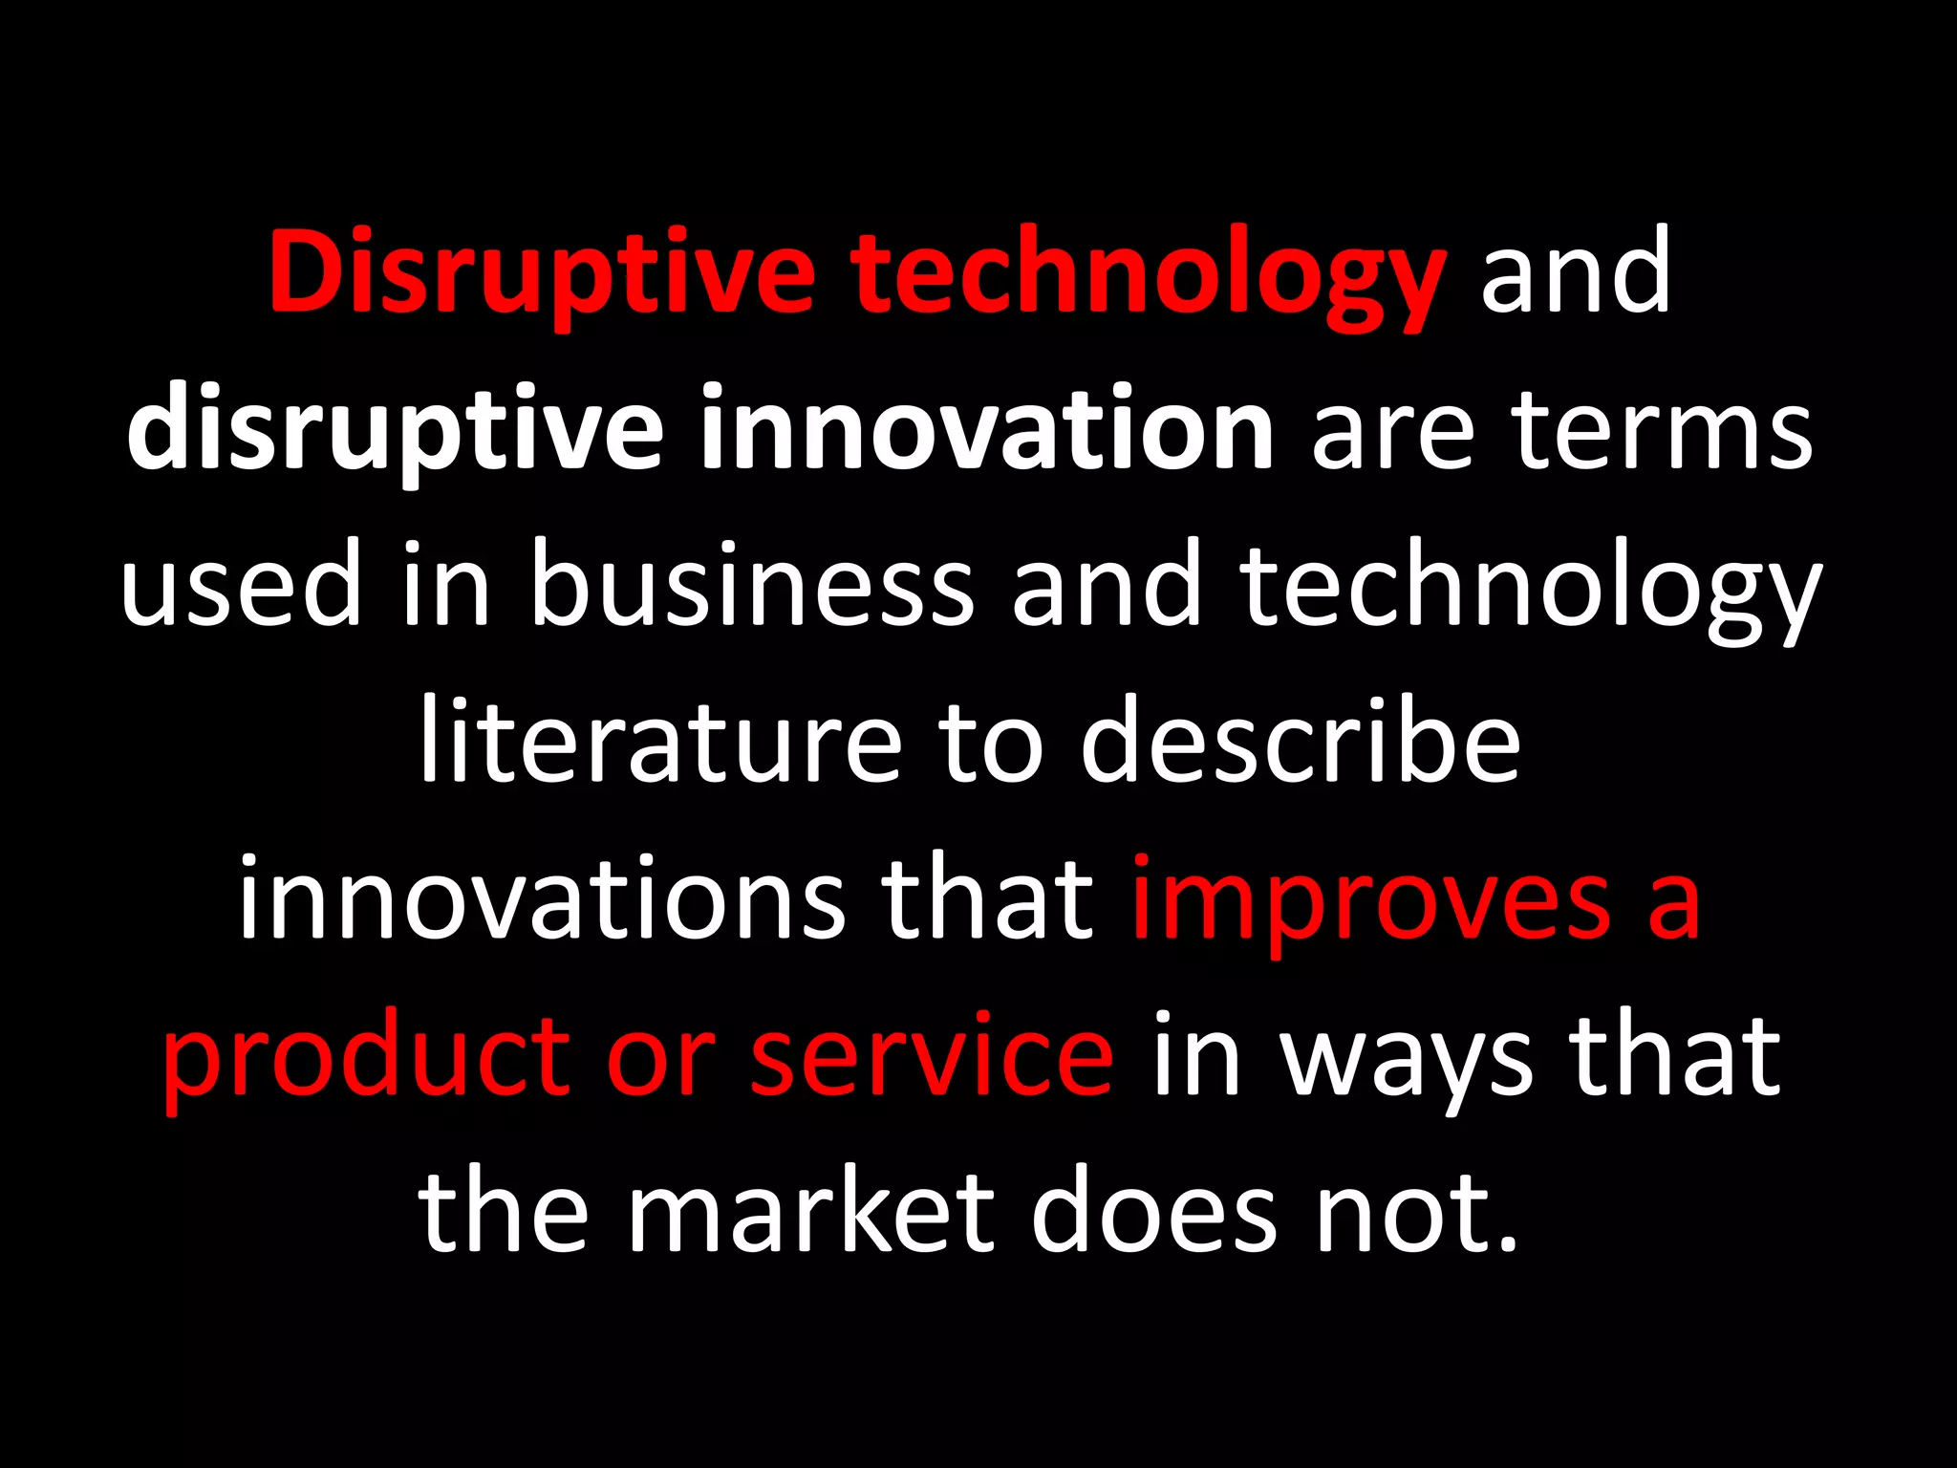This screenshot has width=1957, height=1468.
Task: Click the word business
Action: point(751,585)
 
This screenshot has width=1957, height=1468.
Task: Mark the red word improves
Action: point(1372,899)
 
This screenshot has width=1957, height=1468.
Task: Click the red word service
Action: point(932,1057)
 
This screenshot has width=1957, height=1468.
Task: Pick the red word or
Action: point(660,1057)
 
